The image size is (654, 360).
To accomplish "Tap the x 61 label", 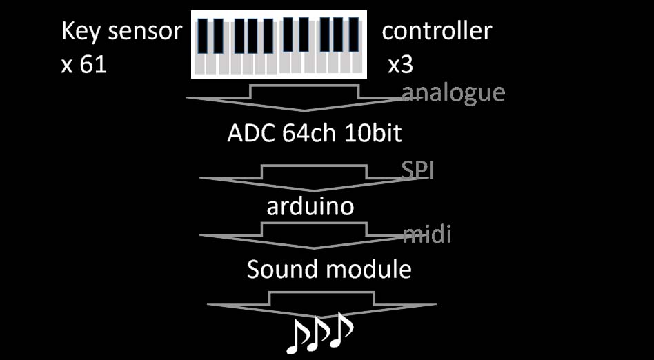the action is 84,66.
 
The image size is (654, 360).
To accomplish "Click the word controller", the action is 437,30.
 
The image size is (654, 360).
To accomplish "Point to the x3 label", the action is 400,66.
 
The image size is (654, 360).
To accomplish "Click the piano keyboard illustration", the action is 279,44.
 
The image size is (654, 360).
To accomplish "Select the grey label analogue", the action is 453,93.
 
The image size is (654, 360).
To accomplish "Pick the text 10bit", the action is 373,134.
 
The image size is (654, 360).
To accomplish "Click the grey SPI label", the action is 417,170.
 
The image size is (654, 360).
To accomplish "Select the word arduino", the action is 310,206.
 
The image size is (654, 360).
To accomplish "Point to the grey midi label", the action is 427,235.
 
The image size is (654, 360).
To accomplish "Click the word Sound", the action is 284,269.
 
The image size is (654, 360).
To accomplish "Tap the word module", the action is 369,269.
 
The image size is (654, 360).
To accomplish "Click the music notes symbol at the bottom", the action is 319,332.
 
